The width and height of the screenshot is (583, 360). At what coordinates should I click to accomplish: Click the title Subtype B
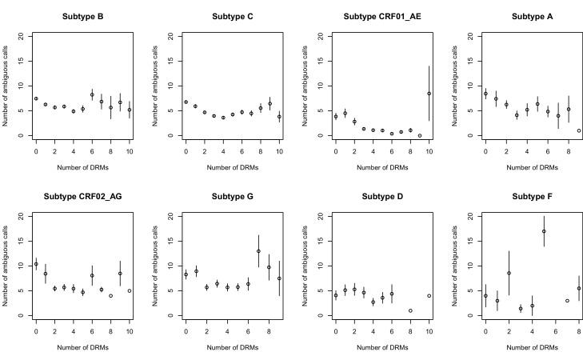click(82, 16)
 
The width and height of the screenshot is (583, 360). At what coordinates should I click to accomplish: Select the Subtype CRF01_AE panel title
click(382, 16)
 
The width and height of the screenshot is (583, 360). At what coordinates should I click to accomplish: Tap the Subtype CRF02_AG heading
click(82, 196)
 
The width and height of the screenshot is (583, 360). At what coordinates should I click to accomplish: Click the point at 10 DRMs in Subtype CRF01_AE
click(429, 94)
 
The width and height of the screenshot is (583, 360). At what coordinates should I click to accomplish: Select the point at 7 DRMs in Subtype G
click(258, 251)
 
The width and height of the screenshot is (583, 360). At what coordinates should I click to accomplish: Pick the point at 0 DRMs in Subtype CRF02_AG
click(36, 264)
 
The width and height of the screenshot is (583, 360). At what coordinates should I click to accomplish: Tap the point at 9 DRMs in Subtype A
click(579, 130)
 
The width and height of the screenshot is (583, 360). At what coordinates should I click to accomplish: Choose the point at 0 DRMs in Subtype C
click(186, 102)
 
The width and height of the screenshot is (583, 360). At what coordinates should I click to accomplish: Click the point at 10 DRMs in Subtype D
click(429, 296)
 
